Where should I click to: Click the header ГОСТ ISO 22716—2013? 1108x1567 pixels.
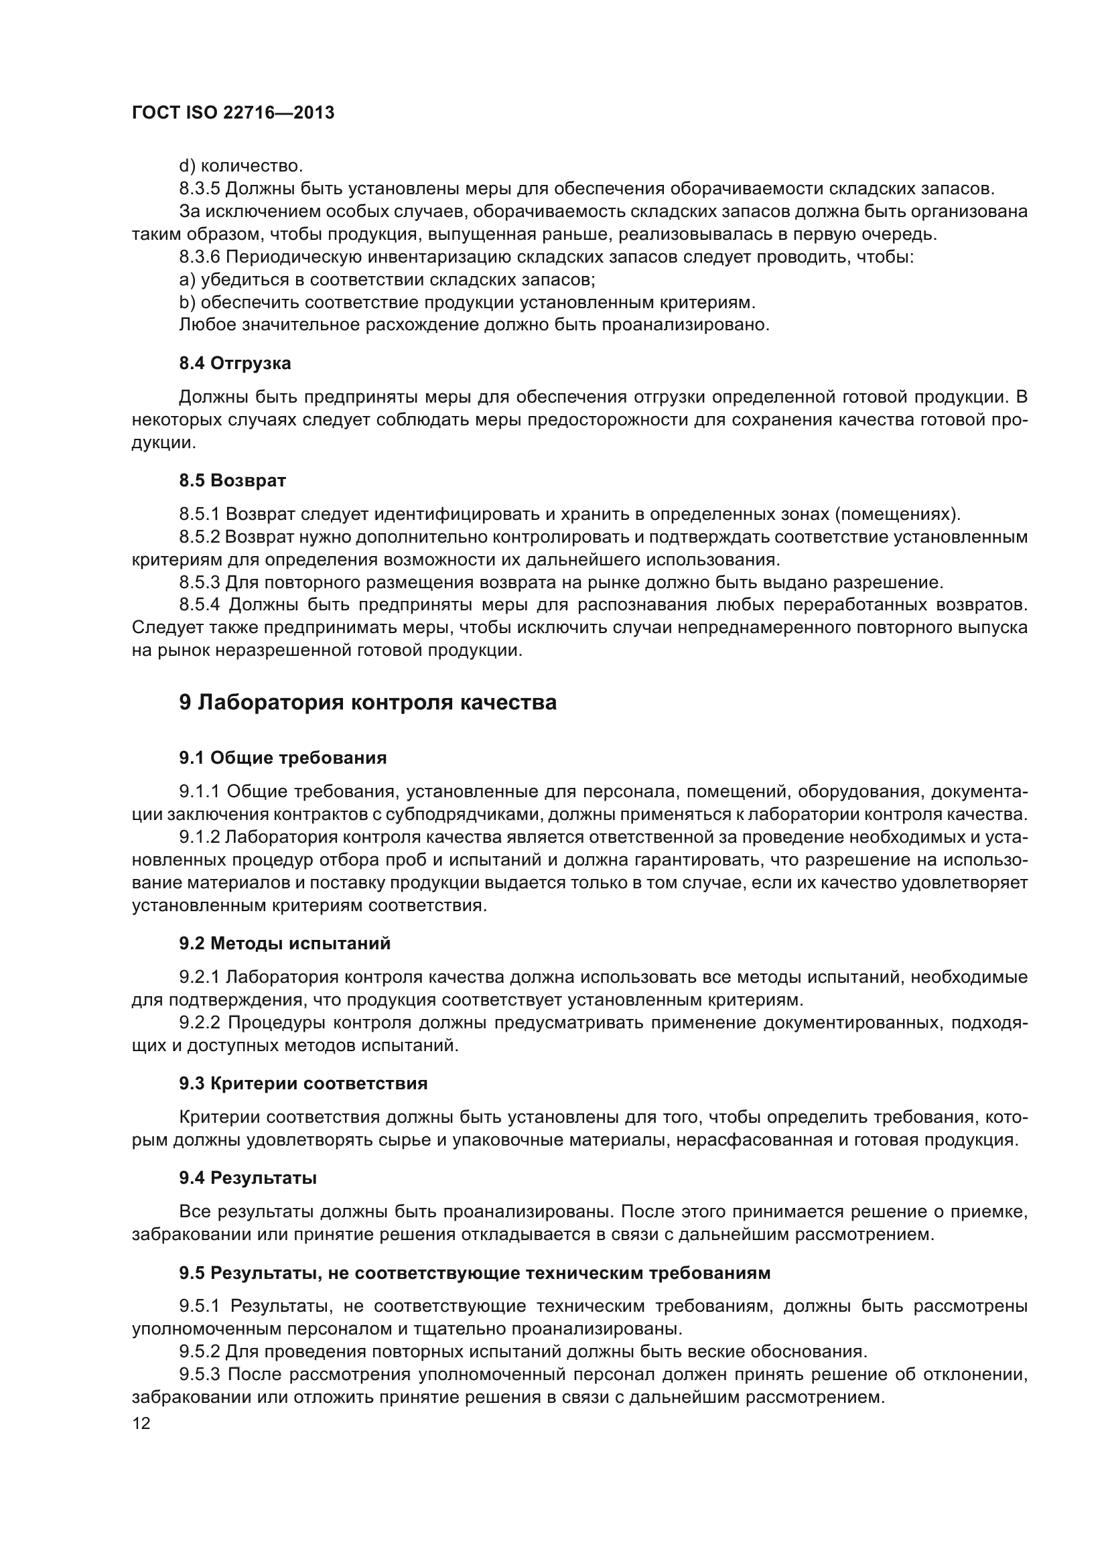[232, 113]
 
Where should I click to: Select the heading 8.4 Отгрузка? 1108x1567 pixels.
[234, 363]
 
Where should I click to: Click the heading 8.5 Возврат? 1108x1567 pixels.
[232, 480]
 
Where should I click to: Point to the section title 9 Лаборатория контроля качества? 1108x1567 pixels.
[368, 702]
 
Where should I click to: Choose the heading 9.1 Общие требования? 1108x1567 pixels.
[283, 758]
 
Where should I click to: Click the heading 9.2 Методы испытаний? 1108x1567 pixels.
[285, 943]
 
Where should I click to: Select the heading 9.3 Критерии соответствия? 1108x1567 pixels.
[303, 1083]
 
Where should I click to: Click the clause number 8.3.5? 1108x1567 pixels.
[199, 188]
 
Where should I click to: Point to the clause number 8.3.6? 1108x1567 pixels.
[199, 257]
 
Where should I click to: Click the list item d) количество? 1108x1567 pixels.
[241, 166]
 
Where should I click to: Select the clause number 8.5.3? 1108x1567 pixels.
[199, 582]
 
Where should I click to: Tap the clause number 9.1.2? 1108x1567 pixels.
[199, 837]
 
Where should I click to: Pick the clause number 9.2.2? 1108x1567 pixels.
[200, 1022]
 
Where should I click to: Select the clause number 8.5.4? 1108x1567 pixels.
[200, 605]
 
